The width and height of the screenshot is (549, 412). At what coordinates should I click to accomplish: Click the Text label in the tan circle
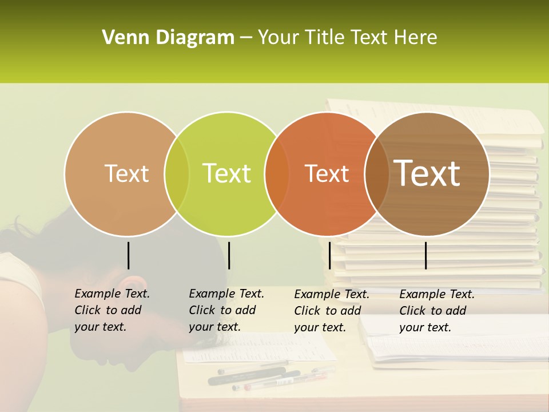click(126, 173)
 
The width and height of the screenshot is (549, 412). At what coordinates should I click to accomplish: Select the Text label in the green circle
click(227, 173)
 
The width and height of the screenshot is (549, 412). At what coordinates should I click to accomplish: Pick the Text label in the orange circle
click(327, 173)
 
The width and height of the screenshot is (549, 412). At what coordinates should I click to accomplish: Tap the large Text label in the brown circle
click(427, 173)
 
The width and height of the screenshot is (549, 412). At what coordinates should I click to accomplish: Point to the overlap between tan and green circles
click(177, 174)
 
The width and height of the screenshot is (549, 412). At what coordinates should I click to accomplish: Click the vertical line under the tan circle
click(128, 255)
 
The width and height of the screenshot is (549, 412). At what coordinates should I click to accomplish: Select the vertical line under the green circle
click(229, 255)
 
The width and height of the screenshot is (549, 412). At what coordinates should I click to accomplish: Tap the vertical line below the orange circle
click(329, 255)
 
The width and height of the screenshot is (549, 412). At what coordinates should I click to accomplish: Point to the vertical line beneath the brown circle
click(425, 255)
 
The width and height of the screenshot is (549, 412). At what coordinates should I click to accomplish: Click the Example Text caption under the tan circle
click(112, 310)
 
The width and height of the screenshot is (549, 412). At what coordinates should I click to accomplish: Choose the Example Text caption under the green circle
click(226, 310)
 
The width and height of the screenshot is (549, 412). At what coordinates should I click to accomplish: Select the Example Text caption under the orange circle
click(331, 311)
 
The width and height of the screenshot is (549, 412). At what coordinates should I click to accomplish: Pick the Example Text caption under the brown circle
click(436, 311)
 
